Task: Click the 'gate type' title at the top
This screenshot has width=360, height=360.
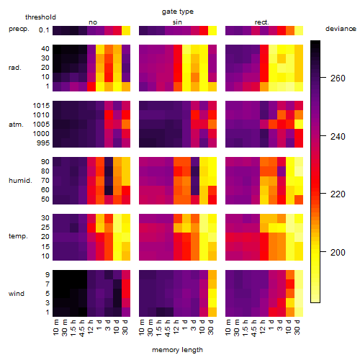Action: (x=178, y=12)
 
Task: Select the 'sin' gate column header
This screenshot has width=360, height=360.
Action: (x=177, y=22)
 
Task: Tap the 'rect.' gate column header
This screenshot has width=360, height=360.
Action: (x=261, y=22)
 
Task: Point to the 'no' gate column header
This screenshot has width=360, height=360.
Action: (x=93, y=22)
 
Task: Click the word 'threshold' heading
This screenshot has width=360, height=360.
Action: (x=40, y=17)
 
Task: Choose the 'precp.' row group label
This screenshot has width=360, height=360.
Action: (x=19, y=29)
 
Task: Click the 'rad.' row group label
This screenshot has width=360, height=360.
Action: (x=15, y=68)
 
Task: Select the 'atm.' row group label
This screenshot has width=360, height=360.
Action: (x=16, y=125)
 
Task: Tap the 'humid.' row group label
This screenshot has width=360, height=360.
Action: (x=20, y=180)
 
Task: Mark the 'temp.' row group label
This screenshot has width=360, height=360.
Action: (x=18, y=236)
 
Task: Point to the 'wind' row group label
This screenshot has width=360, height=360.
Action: (x=17, y=293)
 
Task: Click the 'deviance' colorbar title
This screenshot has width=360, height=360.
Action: (x=341, y=29)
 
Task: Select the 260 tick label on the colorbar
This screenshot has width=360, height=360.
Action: (x=338, y=78)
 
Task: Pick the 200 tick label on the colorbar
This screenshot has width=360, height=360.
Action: (x=338, y=252)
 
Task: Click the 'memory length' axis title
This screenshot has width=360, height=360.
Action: (x=177, y=350)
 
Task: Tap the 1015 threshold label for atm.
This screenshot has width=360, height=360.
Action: (x=41, y=105)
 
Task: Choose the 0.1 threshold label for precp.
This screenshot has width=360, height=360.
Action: (x=44, y=30)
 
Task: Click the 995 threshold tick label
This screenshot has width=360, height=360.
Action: (x=43, y=143)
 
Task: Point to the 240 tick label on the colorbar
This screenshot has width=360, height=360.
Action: (x=338, y=136)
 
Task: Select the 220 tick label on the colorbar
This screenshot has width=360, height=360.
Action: (x=338, y=194)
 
